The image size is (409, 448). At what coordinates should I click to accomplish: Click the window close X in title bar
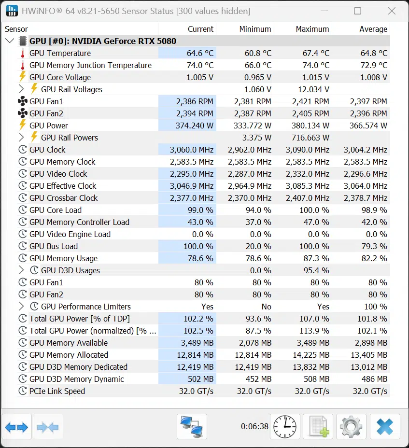tap(392, 11)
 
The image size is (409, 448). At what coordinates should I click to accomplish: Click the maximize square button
tap(357, 11)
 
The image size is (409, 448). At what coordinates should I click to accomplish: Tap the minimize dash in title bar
tap(324, 11)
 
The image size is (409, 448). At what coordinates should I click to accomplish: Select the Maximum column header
tap(312, 29)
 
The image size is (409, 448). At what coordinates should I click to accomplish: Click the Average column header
tap(373, 29)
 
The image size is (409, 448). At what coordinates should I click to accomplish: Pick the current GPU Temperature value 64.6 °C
tap(200, 53)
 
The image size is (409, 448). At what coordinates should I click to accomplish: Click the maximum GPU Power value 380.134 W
tap(310, 126)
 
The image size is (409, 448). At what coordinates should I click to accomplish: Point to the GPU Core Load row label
tap(56, 210)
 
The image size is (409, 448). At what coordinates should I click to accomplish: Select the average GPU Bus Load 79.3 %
tap(374, 246)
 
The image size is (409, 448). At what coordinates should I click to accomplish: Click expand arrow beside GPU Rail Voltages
tap(21, 89)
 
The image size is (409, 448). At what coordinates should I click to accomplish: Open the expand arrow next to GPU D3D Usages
tap(21, 270)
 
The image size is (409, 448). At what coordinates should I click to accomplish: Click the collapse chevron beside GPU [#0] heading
tap(10, 41)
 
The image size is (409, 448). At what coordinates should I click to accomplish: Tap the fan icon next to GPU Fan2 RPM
tap(23, 113)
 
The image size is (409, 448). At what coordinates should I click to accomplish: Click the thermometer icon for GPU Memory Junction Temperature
tap(23, 65)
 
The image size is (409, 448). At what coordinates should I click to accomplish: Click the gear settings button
tap(351, 427)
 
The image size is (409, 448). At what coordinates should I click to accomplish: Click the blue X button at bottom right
tap(385, 427)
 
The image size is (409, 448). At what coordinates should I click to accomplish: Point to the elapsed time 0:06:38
tap(254, 427)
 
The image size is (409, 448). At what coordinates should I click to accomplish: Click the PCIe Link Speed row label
tap(57, 391)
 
